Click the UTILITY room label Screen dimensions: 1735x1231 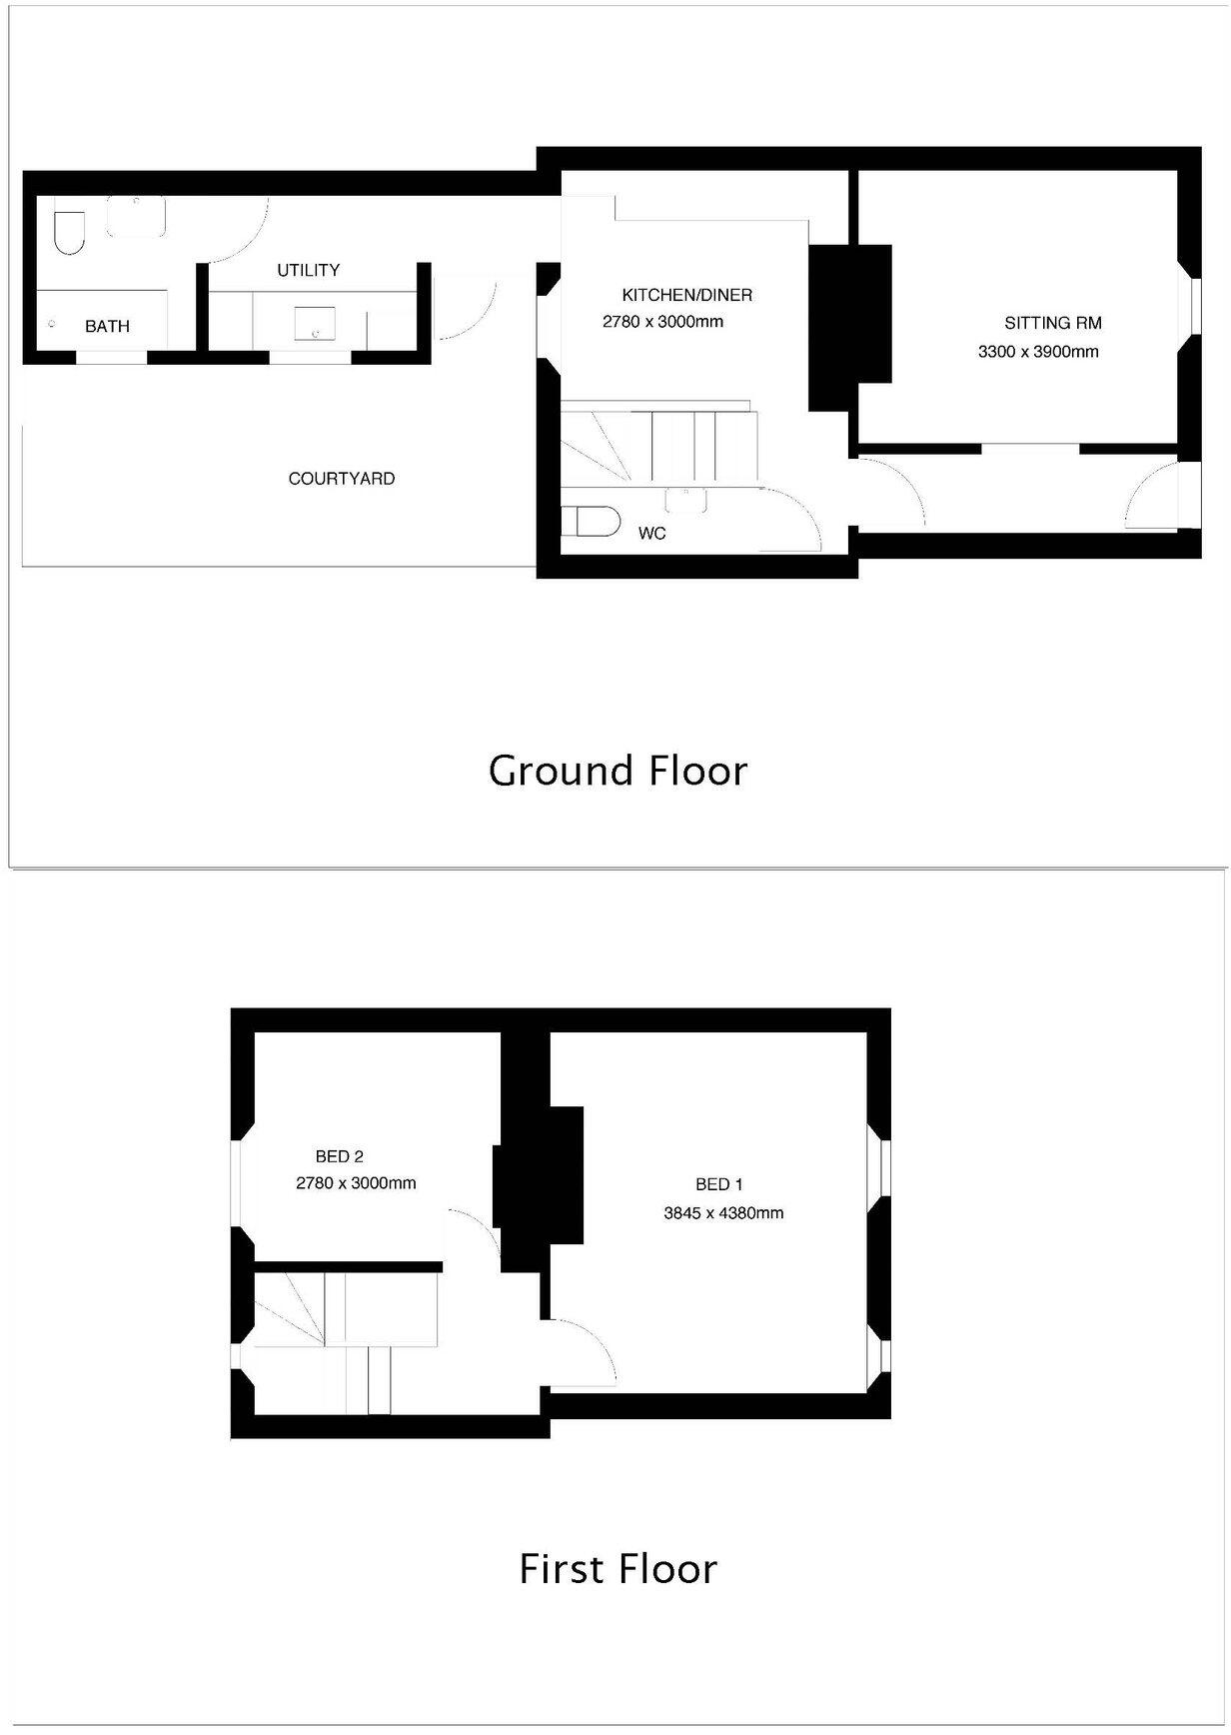click(x=308, y=270)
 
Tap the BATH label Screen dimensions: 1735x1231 click(x=107, y=326)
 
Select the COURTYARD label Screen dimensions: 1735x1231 click(x=341, y=479)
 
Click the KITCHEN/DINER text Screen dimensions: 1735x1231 click(x=686, y=295)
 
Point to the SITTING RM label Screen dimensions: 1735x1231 click(x=1053, y=323)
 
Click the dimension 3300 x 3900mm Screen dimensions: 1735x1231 click(x=1038, y=352)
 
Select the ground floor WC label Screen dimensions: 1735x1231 click(x=651, y=534)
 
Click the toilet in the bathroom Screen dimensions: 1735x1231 click(x=69, y=232)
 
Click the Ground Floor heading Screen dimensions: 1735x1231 click(x=617, y=771)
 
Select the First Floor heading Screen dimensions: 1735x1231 click(x=617, y=1568)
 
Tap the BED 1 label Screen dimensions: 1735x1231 click(x=718, y=1184)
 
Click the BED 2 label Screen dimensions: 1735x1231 click(x=339, y=1156)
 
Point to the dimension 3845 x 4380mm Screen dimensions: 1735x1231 click(x=723, y=1213)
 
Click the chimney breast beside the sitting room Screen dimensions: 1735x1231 click(x=848, y=327)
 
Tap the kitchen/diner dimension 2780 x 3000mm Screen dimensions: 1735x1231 click(x=662, y=322)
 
